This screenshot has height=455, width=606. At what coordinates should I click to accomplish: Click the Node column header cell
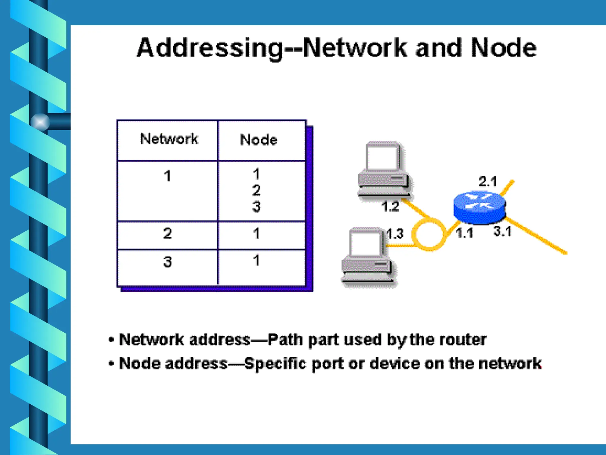tap(258, 140)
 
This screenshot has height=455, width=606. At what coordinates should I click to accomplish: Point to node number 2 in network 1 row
tap(256, 190)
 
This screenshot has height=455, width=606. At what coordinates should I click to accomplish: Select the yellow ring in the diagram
tap(429, 234)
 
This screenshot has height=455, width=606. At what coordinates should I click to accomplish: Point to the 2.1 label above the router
tap(488, 182)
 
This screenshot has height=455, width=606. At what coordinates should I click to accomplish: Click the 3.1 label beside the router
tap(502, 231)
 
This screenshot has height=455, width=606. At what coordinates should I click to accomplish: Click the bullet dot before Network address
tap(111, 340)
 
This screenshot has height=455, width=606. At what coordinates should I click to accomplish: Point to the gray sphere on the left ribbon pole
tap(40, 122)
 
